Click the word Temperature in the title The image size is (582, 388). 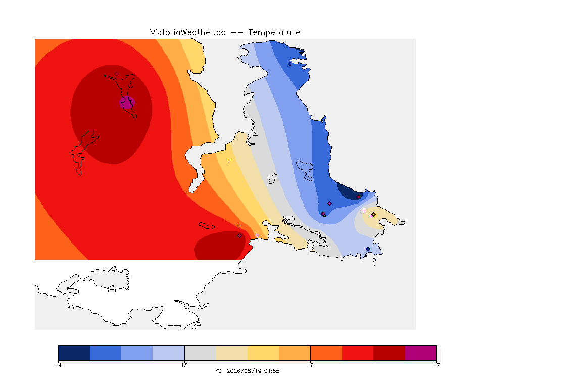274,33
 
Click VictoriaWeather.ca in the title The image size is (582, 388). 188,33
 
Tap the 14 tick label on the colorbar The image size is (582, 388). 58,365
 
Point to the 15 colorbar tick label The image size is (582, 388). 184,365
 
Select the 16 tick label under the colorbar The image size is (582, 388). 310,365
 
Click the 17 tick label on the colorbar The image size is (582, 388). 437,365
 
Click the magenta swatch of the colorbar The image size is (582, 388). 421,353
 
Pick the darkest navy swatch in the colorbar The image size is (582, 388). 74,353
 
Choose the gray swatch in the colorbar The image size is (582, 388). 200,353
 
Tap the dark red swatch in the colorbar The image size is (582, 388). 390,353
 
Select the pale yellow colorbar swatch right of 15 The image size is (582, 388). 231,353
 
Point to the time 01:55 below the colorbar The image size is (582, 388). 272,371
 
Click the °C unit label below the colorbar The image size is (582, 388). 218,371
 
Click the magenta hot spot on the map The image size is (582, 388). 127,103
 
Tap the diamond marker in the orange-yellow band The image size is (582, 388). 229,160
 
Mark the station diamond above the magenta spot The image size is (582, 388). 117,74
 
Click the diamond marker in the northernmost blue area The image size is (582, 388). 290,64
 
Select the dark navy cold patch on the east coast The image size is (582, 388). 349,191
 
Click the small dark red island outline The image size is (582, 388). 207,226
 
